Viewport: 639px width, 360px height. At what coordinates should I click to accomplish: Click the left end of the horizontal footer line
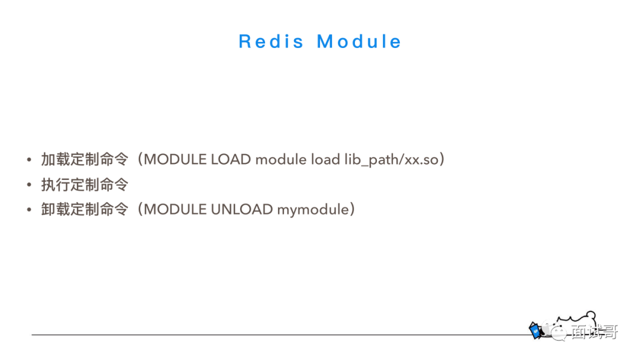pyautogui.click(x=32, y=335)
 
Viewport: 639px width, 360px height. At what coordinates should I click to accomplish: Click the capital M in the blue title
pyautogui.click(x=325, y=41)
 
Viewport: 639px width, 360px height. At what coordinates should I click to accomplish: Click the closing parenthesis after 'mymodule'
pyautogui.click(x=351, y=210)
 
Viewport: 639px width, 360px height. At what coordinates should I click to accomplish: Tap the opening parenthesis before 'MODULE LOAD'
pyautogui.click(x=140, y=159)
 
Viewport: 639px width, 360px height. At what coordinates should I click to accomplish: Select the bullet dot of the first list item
pyautogui.click(x=29, y=159)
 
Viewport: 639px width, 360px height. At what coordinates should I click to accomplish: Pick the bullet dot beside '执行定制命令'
pyautogui.click(x=29, y=185)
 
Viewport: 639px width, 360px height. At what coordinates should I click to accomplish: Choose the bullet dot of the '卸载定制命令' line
pyautogui.click(x=29, y=210)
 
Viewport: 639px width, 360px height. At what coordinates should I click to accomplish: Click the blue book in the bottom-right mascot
pyautogui.click(x=535, y=330)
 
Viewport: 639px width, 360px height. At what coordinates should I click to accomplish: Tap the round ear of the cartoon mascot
pyautogui.click(x=590, y=316)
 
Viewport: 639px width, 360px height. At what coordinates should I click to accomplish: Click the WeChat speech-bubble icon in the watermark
pyautogui.click(x=554, y=331)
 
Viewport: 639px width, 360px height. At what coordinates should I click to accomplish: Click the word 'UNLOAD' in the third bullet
pyautogui.click(x=241, y=210)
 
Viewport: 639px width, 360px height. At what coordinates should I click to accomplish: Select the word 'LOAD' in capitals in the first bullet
pyautogui.click(x=231, y=159)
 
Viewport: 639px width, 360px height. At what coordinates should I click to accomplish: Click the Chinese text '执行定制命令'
pyautogui.click(x=85, y=185)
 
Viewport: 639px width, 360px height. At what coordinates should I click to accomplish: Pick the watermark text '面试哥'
pyautogui.click(x=595, y=332)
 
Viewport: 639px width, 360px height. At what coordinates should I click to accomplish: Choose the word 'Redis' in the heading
pyautogui.click(x=271, y=41)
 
